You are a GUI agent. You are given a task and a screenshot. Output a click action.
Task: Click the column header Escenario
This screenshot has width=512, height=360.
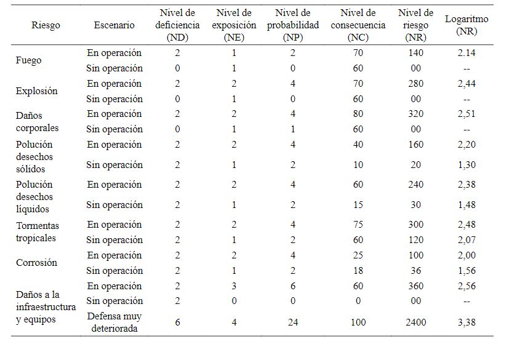[114, 25]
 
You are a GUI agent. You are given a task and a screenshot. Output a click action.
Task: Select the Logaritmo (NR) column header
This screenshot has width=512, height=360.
[466, 25]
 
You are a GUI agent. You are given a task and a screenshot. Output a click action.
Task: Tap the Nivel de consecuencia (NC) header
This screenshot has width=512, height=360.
[358, 25]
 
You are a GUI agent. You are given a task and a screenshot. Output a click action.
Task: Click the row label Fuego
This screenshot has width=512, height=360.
[29, 60]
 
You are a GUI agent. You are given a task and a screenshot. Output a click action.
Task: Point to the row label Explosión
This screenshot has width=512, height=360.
[36, 91]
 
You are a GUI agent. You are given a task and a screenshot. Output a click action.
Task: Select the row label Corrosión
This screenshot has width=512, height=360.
[36, 263]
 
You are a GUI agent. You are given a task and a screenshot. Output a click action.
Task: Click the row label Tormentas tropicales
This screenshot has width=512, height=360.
[38, 232]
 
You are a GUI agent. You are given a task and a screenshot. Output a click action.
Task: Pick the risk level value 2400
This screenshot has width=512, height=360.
[415, 322]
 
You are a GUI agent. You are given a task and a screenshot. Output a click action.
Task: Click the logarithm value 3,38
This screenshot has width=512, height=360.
[466, 322]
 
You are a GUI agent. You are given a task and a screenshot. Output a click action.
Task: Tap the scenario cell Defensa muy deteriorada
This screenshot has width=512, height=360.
[114, 322]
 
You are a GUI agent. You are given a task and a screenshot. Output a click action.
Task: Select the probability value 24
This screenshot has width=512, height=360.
[293, 322]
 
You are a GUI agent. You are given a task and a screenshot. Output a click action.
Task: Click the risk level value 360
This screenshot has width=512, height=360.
[415, 286]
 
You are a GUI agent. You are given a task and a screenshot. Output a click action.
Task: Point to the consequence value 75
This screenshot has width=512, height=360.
[358, 225]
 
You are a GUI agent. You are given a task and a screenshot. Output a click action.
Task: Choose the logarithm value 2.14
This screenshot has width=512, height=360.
[466, 53]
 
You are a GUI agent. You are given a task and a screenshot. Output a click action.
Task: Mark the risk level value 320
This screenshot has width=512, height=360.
[415, 114]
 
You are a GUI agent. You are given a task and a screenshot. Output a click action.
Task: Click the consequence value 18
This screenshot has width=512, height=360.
[358, 271]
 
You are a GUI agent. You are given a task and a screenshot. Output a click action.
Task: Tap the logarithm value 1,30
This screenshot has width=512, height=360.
[466, 165]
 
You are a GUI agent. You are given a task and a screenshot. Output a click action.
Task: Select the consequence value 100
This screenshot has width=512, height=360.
[358, 322]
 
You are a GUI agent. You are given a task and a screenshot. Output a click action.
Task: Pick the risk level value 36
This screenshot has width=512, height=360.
[415, 271]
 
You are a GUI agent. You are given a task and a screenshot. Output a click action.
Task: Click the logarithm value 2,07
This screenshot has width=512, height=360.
[466, 240]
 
